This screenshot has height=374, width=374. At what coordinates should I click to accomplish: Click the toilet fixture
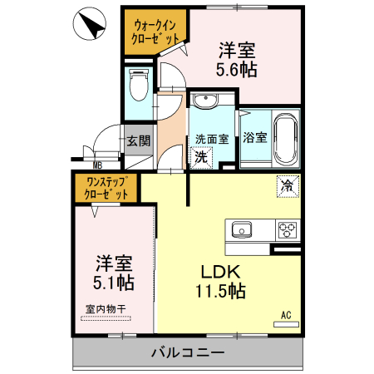[x=139, y=84]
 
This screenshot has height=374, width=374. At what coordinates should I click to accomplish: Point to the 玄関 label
[x=137, y=140]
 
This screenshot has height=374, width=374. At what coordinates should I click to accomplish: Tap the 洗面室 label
[x=212, y=139]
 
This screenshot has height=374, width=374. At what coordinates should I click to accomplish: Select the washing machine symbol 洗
[x=200, y=155]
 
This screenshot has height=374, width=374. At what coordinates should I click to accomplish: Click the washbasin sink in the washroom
[x=205, y=102]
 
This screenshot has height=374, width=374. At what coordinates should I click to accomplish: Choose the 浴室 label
[x=254, y=138]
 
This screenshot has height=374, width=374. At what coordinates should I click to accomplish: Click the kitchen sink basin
[x=243, y=229]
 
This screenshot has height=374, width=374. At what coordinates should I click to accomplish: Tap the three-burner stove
[x=288, y=229]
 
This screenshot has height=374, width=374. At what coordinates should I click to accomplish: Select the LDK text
[x=219, y=271]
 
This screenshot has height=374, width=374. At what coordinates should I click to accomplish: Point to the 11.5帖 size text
[x=219, y=292]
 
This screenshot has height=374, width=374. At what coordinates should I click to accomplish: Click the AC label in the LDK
[x=285, y=314]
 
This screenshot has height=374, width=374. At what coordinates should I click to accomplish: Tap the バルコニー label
[x=187, y=353]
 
